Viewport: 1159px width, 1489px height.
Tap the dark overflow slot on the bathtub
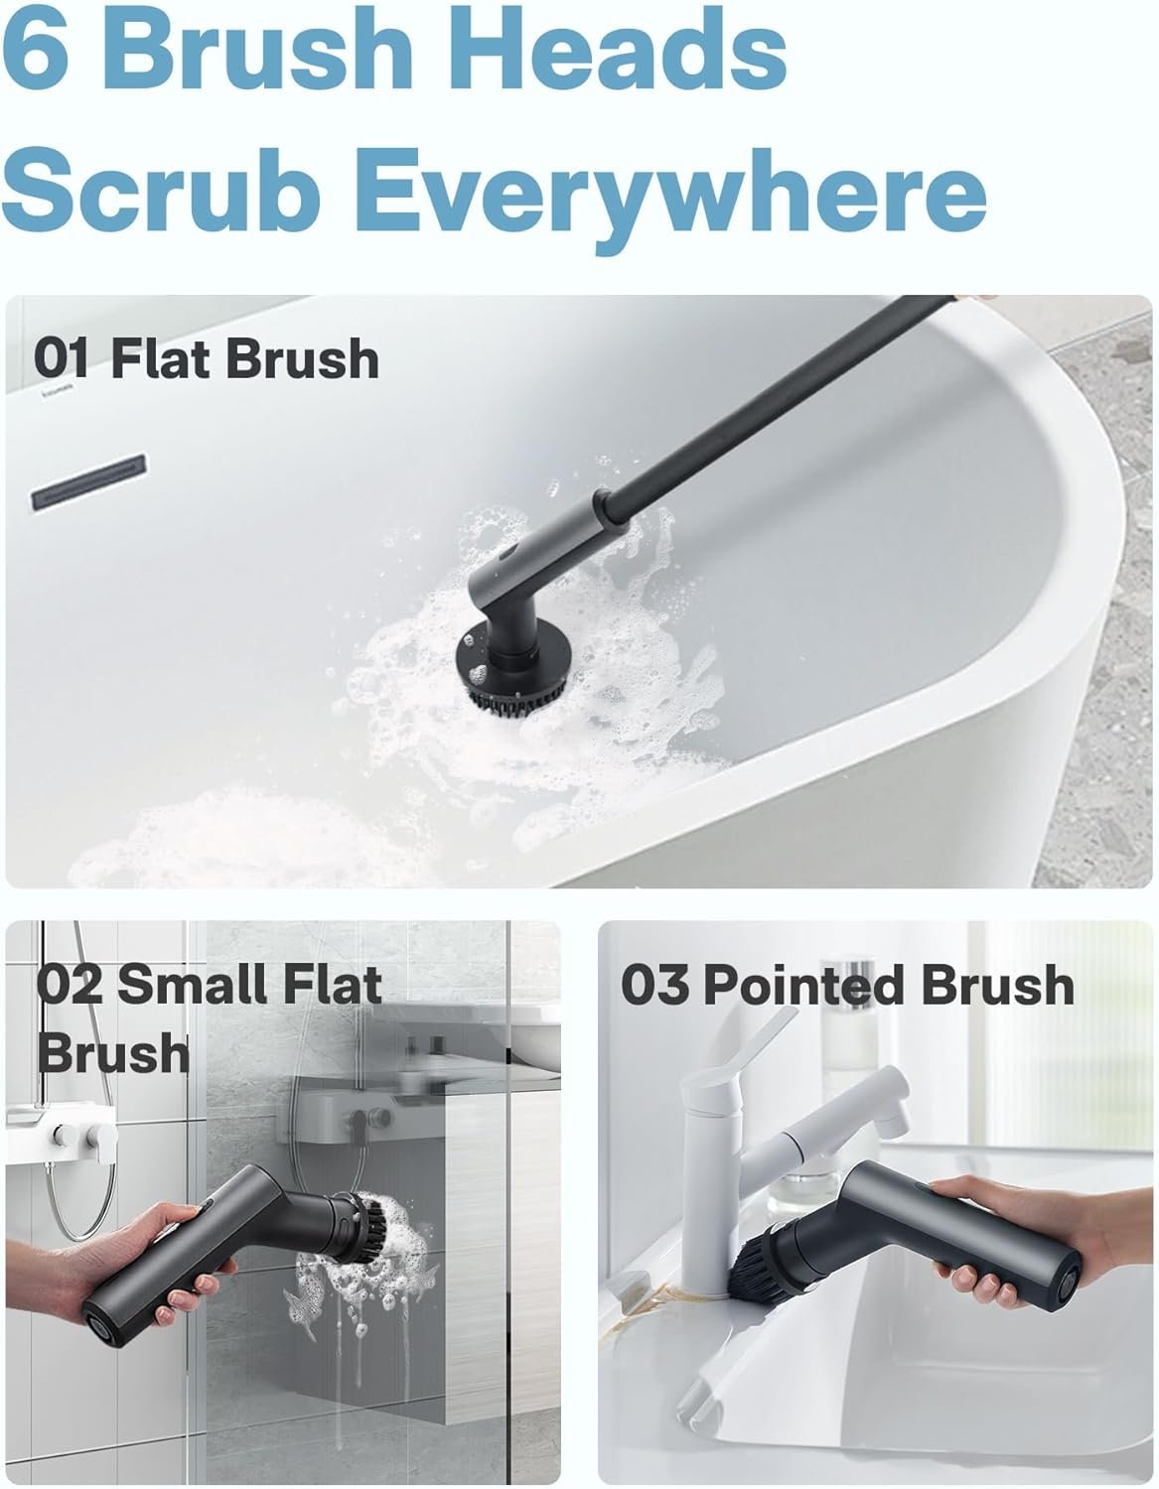click(88, 482)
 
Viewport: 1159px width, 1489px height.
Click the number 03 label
click(654, 985)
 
